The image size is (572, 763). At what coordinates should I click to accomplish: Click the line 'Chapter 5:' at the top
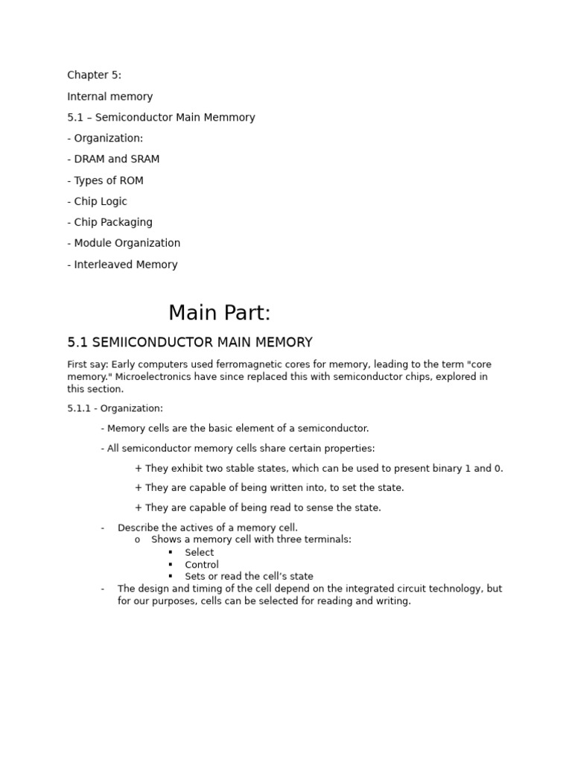[94, 75]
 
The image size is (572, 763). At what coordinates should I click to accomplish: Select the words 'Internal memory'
[109, 96]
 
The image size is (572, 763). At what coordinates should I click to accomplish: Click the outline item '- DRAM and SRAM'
[113, 159]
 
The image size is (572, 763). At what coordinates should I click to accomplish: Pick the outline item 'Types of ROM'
[109, 180]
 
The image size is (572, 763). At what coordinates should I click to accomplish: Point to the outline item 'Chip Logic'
[101, 201]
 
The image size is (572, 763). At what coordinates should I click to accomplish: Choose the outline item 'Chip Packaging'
[113, 222]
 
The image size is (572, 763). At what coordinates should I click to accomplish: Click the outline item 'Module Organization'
[127, 243]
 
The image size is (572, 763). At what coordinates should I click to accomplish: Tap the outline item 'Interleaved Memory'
[126, 265]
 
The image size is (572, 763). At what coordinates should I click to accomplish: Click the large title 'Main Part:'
[219, 312]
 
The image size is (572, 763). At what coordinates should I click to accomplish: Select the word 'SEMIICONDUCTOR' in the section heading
[153, 343]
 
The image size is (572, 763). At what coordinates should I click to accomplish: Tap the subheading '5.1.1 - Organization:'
[115, 408]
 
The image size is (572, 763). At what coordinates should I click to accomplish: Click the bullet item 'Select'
[199, 552]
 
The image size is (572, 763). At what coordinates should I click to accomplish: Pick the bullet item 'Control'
[202, 564]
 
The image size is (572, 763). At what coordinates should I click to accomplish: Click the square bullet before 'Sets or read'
[170, 576]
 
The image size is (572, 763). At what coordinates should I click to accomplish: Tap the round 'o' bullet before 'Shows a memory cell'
[137, 539]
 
